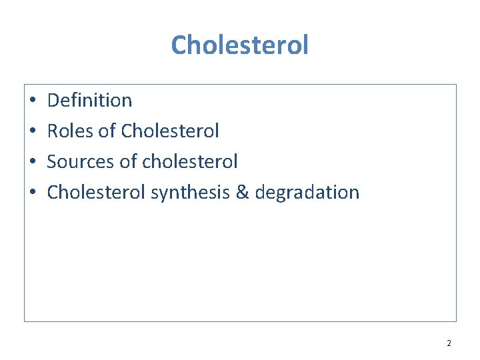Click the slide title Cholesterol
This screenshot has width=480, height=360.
pyautogui.click(x=240, y=45)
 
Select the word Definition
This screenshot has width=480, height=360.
pyautogui.click(x=90, y=101)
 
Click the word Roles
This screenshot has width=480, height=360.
pyautogui.click(x=70, y=131)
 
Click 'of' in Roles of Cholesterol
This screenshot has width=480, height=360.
pyautogui.click(x=107, y=131)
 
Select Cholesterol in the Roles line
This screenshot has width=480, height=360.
pyautogui.click(x=169, y=131)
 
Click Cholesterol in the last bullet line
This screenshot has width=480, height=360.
pyautogui.click(x=97, y=193)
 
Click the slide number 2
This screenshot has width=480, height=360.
pyautogui.click(x=449, y=343)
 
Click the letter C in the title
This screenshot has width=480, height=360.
pyautogui.click(x=179, y=46)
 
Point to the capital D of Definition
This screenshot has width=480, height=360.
pyautogui.click(x=53, y=101)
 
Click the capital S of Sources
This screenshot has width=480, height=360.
pyautogui.click(x=52, y=162)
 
